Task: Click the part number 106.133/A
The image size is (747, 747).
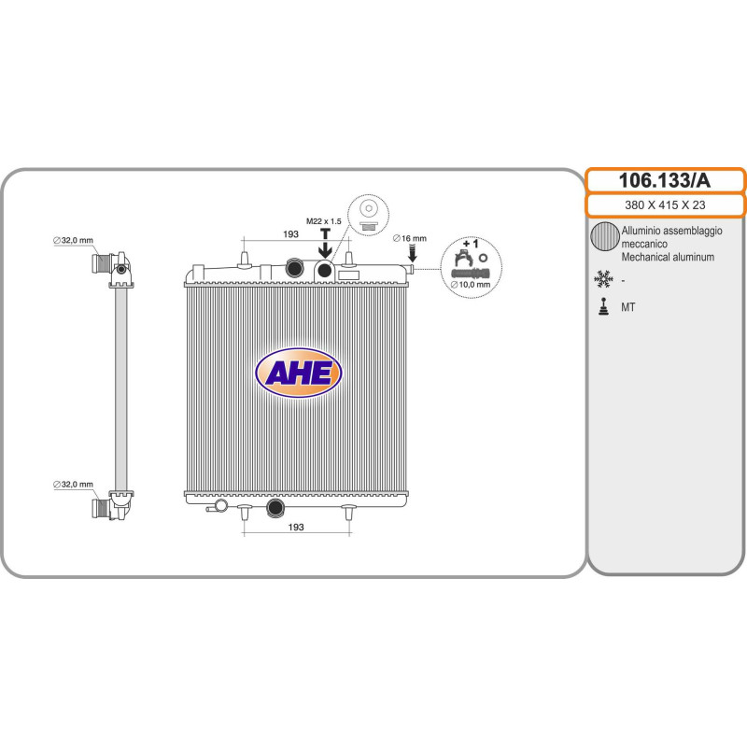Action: [x=665, y=179]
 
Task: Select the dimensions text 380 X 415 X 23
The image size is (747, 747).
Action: [x=665, y=205]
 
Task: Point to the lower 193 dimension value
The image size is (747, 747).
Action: [x=295, y=528]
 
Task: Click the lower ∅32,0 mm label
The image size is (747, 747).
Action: [x=73, y=484]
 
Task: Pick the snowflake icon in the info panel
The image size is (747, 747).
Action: [x=603, y=278]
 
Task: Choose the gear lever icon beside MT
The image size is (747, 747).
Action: [x=603, y=306]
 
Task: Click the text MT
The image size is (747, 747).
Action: [x=628, y=306]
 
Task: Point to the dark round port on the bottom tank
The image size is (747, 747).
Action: [x=275, y=509]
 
